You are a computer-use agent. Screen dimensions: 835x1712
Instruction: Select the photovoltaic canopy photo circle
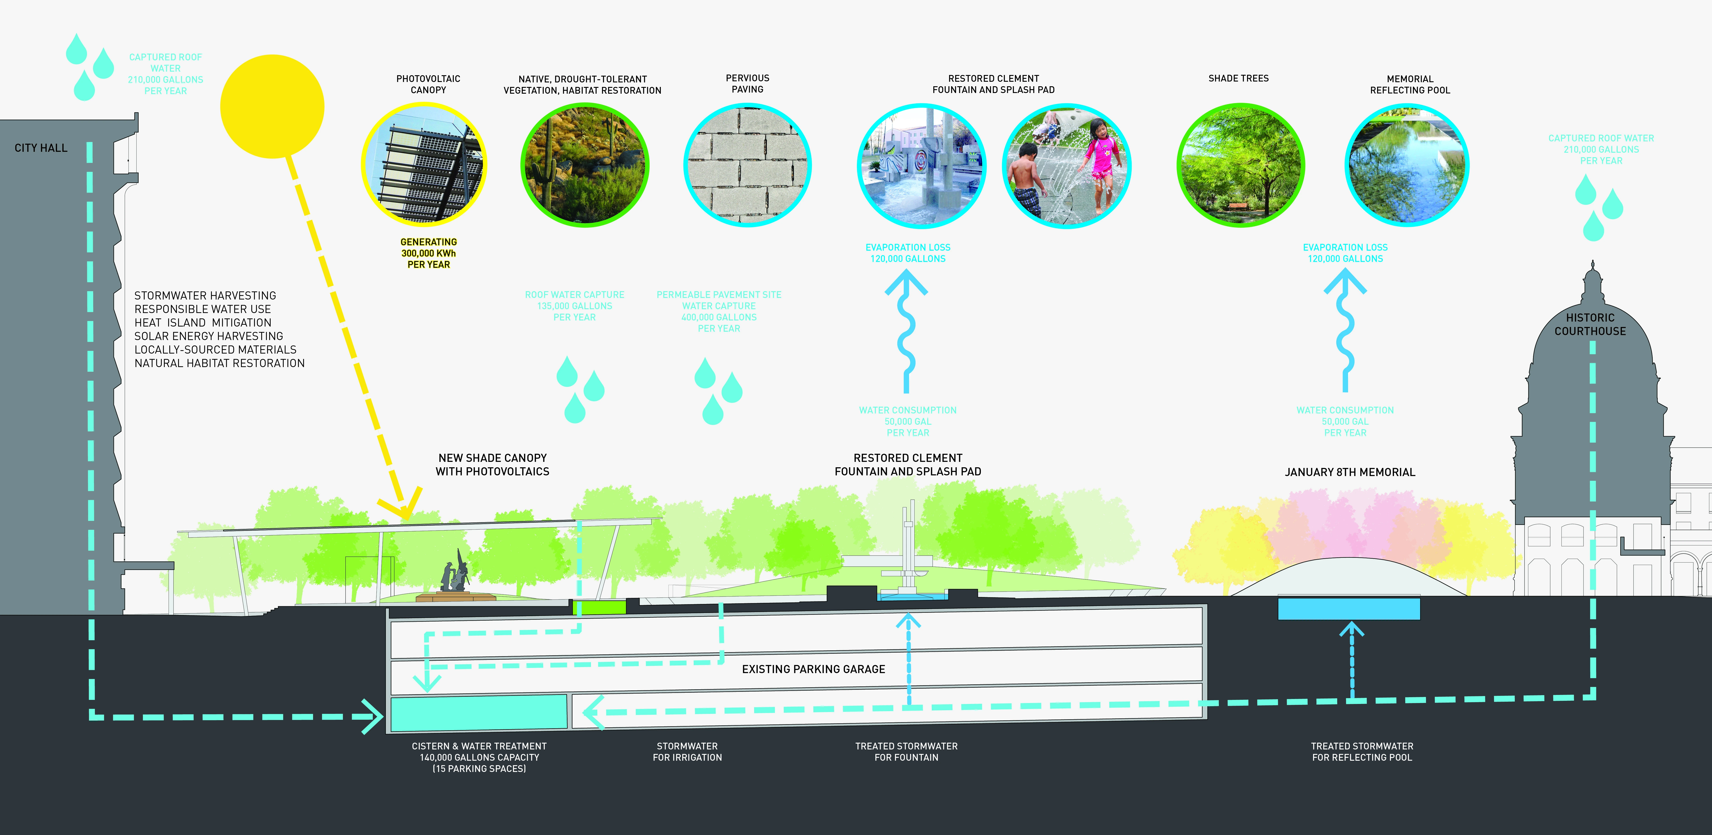click(x=424, y=165)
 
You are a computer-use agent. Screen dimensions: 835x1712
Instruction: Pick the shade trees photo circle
click(x=1240, y=165)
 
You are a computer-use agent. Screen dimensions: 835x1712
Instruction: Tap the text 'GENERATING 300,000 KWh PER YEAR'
click(x=429, y=253)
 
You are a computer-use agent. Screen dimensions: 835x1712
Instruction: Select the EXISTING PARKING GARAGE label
click(x=813, y=669)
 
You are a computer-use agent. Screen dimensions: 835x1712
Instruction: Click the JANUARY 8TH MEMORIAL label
click(x=1350, y=472)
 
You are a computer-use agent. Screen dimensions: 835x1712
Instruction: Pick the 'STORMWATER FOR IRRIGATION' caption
click(x=687, y=751)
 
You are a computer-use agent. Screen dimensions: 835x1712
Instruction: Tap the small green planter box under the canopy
click(x=600, y=606)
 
